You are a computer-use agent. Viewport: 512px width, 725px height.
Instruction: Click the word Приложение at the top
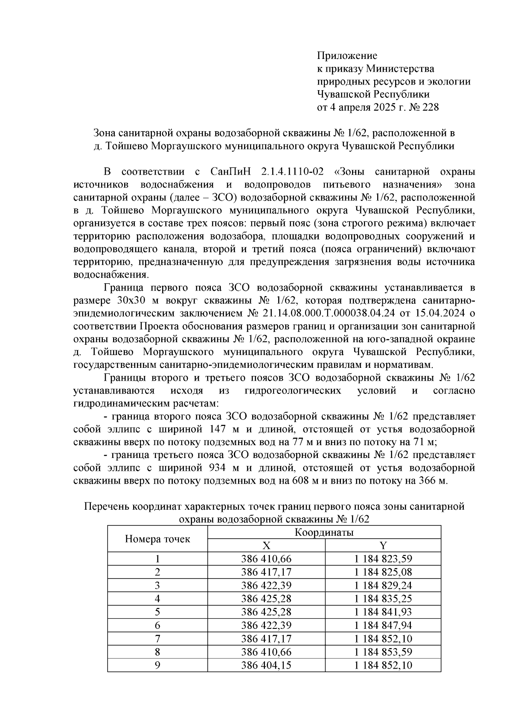(347, 56)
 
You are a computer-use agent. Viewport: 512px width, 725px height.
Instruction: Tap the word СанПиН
(229, 172)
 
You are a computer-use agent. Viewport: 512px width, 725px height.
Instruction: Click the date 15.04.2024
(439, 313)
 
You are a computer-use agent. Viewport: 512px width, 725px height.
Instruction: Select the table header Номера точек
(157, 539)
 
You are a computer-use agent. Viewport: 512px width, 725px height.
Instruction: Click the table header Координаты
(324, 533)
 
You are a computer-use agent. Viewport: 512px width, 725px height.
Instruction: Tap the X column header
(266, 546)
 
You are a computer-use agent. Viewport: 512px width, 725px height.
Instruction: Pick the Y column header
(383, 546)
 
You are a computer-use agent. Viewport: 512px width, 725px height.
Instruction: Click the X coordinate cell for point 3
(266, 585)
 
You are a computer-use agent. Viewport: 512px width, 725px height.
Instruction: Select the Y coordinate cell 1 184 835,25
(383, 599)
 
